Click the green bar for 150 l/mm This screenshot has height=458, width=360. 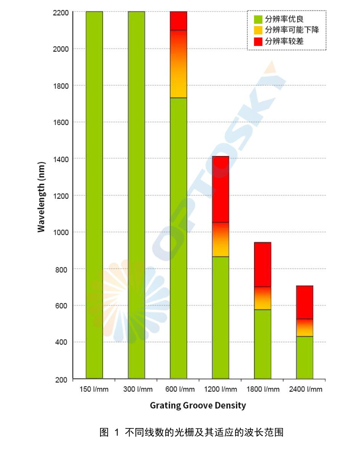click(x=94, y=194)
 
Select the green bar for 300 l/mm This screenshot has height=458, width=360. click(x=136, y=194)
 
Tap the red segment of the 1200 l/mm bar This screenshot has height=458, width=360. click(x=221, y=189)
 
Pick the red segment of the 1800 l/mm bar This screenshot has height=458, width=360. click(x=262, y=264)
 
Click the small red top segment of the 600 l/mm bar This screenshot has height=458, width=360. click(x=178, y=20)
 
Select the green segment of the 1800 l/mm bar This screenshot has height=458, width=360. click(x=262, y=344)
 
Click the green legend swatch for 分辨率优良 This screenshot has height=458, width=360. click(x=258, y=19)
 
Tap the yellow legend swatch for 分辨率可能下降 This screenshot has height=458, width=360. click(x=258, y=30)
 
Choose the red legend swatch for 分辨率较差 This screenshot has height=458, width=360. click(x=258, y=41)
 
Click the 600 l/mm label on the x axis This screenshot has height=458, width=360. click(x=178, y=389)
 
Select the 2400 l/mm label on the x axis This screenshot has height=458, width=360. click(x=305, y=389)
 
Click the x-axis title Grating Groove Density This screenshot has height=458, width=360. click(x=198, y=405)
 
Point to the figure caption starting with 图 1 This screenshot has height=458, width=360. click(x=191, y=432)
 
